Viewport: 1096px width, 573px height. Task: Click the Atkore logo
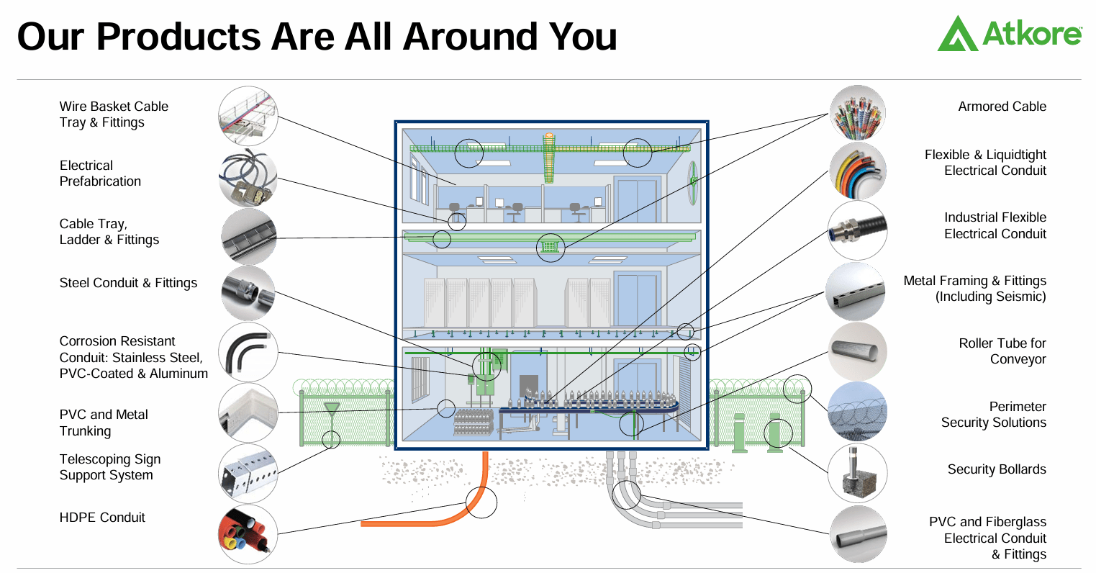click(x=1009, y=34)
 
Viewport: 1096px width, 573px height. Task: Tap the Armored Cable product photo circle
click(x=856, y=113)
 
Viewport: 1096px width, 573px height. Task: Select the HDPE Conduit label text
click(x=102, y=518)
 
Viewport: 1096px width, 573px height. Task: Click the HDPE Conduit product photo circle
click(x=248, y=533)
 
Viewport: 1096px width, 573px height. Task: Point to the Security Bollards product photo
click(x=856, y=473)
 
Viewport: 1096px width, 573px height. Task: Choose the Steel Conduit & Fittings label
click(x=128, y=283)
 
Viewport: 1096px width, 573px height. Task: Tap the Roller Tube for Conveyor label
click(x=1002, y=351)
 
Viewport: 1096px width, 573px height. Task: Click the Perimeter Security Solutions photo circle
click(x=856, y=412)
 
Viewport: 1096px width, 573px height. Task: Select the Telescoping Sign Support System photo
click(x=248, y=472)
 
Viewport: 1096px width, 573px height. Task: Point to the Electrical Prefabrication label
click(x=100, y=173)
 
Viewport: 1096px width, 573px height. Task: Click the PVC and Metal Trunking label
click(x=104, y=423)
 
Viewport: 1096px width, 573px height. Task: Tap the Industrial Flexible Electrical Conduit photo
click(x=856, y=231)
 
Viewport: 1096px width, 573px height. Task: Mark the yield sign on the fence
click(x=331, y=410)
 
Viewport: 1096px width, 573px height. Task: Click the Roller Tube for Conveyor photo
click(x=856, y=351)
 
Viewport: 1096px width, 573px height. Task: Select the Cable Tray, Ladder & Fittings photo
click(x=248, y=236)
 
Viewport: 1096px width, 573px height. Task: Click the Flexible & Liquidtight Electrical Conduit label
click(x=984, y=163)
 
